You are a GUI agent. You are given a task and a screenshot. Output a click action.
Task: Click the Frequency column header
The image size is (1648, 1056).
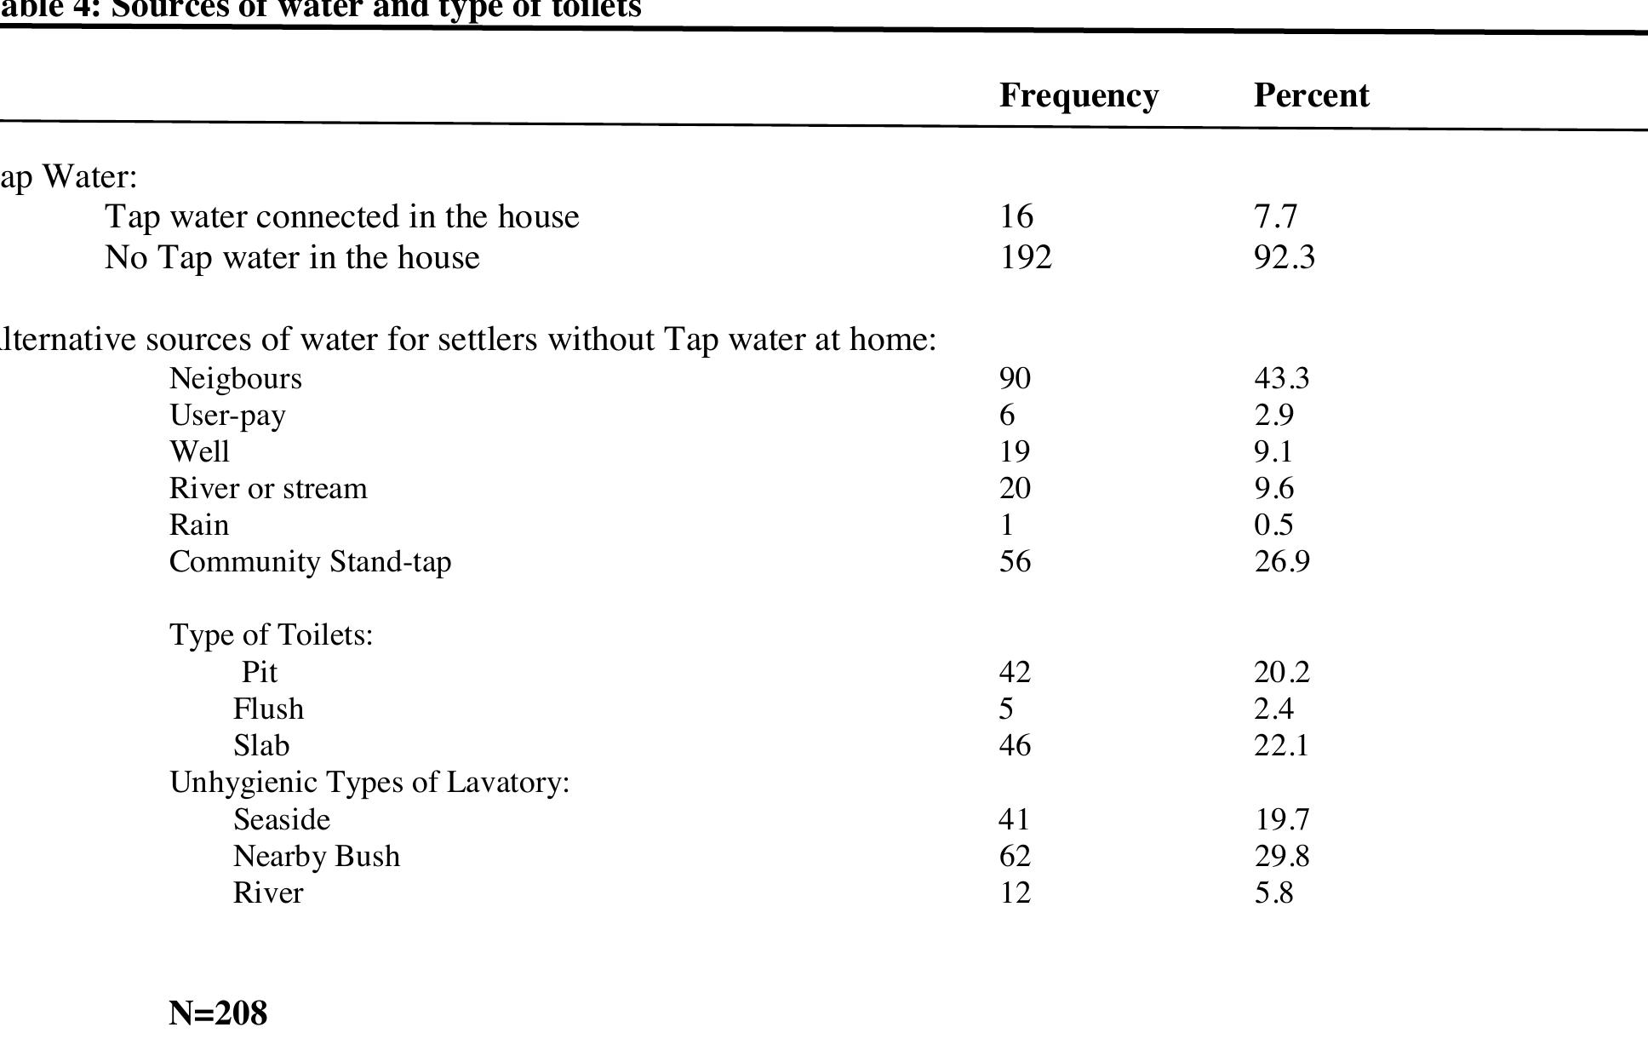coord(1079,96)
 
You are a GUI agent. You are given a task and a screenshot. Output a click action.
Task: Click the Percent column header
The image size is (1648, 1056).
coord(1311,96)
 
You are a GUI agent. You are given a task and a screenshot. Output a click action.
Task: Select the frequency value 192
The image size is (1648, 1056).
coord(1025,257)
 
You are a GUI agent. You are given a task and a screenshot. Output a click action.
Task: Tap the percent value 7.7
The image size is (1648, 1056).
coord(1275,217)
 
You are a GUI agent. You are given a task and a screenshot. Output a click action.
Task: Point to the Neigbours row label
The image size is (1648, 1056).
coord(236,379)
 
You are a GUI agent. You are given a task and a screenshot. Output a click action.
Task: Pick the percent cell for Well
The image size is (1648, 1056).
coord(1273,451)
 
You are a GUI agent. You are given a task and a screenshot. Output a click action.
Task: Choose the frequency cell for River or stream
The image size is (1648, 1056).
coord(1015,489)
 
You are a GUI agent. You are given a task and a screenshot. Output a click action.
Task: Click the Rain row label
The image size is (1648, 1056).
coord(199,525)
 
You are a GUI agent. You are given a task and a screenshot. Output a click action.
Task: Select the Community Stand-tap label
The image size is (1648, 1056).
coord(310,562)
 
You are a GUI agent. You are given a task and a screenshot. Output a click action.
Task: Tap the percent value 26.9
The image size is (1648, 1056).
coord(1282,562)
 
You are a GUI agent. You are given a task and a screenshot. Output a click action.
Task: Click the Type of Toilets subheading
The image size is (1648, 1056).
coord(271,635)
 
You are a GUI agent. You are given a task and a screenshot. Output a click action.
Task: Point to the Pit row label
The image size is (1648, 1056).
coord(260,673)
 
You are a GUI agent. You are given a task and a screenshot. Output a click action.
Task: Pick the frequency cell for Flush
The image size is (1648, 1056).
coord(1006,709)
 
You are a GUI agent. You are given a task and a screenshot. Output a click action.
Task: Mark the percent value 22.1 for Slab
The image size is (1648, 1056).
coord(1281,746)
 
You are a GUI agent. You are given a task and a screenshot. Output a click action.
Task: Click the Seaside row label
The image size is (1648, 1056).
coord(282,820)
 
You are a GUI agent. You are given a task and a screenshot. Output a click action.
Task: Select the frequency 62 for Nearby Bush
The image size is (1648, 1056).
coord(1015,857)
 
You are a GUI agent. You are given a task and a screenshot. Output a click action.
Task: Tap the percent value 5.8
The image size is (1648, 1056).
coord(1273,893)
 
